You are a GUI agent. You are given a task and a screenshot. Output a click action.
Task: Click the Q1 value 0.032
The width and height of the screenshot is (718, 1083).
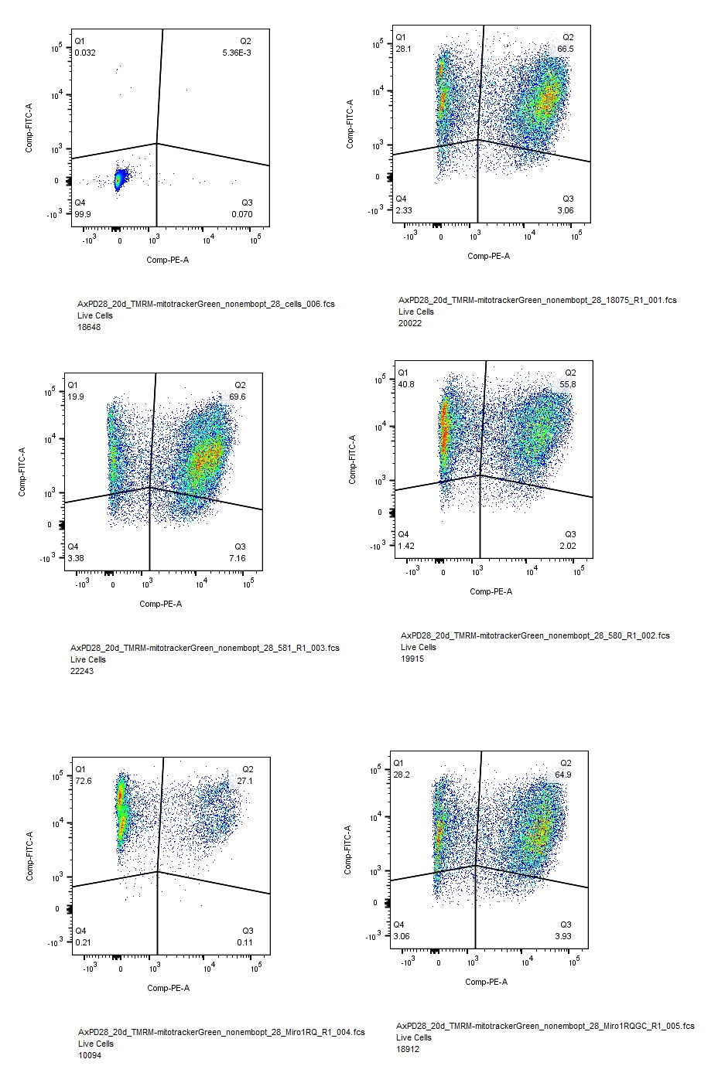pyautogui.click(x=85, y=53)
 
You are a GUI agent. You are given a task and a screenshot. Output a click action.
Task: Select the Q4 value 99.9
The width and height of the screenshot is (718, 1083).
pyautogui.click(x=82, y=214)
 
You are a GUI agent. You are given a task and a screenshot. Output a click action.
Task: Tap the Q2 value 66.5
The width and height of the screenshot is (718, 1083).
pyautogui.click(x=566, y=49)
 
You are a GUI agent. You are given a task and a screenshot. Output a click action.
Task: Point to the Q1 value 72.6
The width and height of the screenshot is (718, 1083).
pyautogui.click(x=83, y=781)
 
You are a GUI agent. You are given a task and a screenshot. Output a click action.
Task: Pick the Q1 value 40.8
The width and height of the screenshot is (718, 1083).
pyautogui.click(x=405, y=384)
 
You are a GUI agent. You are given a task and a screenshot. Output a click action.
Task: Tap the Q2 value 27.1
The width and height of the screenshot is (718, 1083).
pyautogui.click(x=244, y=781)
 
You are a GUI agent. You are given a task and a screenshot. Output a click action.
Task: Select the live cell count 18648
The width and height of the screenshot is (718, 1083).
pyautogui.click(x=89, y=327)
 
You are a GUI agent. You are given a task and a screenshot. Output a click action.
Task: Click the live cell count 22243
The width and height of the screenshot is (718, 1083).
pyautogui.click(x=82, y=671)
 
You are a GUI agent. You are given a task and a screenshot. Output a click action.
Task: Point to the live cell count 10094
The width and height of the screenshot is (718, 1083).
pyautogui.click(x=90, y=1055)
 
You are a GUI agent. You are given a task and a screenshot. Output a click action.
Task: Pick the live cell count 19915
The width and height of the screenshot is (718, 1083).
pyautogui.click(x=412, y=659)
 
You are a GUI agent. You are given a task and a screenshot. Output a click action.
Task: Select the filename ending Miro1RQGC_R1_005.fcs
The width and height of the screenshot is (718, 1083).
pyautogui.click(x=545, y=1026)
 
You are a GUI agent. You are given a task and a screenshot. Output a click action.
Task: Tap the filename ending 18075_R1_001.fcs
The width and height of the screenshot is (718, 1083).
pyautogui.click(x=537, y=300)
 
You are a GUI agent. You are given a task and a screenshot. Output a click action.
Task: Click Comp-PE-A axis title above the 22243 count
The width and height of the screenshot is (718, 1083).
pyautogui.click(x=161, y=604)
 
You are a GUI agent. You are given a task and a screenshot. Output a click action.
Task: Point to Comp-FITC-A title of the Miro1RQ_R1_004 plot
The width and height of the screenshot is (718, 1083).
pyautogui.click(x=30, y=856)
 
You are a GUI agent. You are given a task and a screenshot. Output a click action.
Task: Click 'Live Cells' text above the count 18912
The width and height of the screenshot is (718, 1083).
pyautogui.click(x=414, y=1037)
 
